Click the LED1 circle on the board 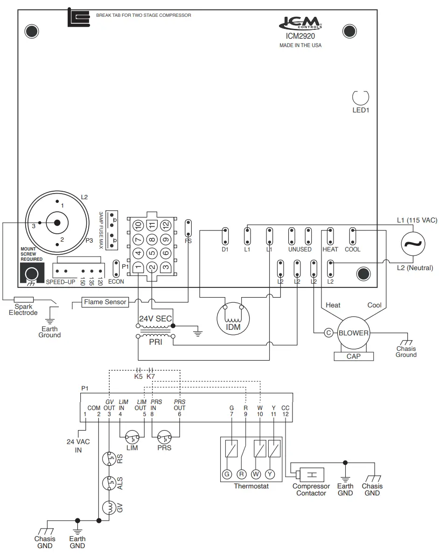tap(360, 97)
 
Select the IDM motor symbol tap(234, 318)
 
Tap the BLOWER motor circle tap(353, 333)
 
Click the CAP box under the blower tap(353, 356)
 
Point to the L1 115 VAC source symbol tap(413, 244)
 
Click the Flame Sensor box tap(105, 302)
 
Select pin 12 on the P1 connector tap(166, 225)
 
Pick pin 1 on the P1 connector tap(138, 267)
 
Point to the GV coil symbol tap(109, 508)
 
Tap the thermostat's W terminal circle tap(256, 474)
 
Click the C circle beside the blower tap(328, 333)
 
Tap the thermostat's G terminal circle tap(227, 474)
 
